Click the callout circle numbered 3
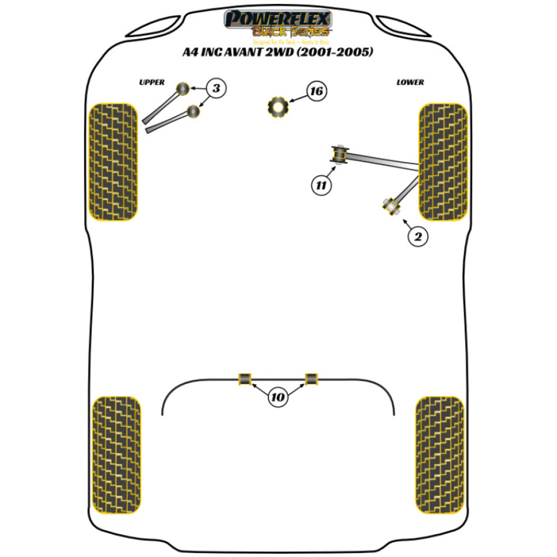(217, 87)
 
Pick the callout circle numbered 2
(418, 237)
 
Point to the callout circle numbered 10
(278, 397)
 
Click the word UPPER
(152, 82)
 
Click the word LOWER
(410, 82)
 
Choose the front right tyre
(443, 162)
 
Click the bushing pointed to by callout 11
(339, 155)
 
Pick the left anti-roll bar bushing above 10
(245, 379)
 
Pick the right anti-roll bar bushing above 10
(311, 379)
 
